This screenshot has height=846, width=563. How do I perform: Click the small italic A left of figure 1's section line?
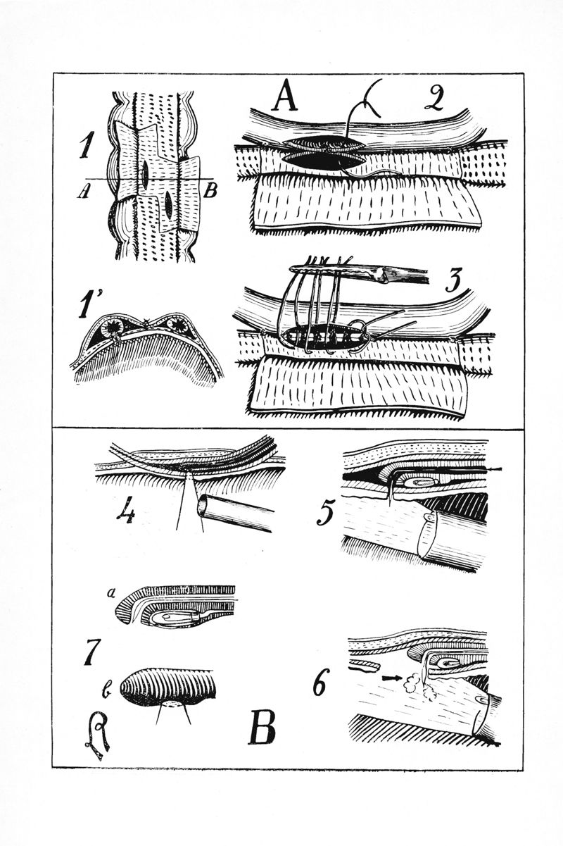click(81, 192)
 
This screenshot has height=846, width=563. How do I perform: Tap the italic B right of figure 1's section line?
click(210, 192)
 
